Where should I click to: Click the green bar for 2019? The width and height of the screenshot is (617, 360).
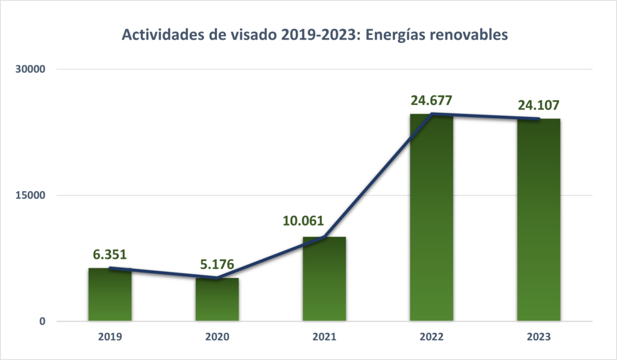click(110, 295)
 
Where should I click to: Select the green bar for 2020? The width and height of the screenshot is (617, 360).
click(217, 300)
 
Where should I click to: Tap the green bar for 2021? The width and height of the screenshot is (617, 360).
click(324, 280)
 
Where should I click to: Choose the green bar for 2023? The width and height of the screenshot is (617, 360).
click(538, 221)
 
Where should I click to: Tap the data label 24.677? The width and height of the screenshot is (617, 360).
click(431, 100)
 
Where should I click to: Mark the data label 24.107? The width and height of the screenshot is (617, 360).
click(538, 106)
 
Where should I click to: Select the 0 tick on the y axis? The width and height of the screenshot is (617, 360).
click(43, 321)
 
